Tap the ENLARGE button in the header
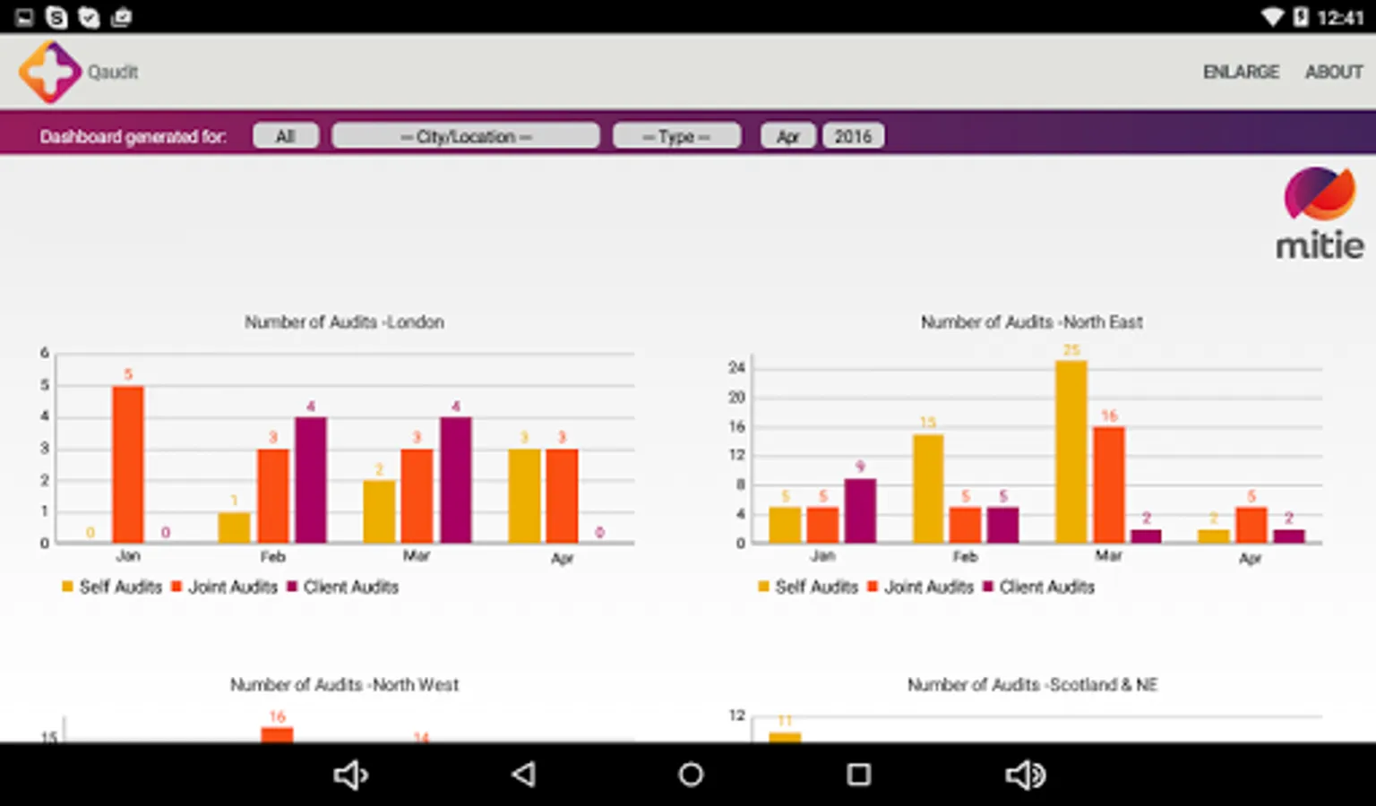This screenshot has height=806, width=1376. [1241, 72]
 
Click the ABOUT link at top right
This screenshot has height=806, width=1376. [1333, 72]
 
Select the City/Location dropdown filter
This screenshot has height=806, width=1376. [465, 136]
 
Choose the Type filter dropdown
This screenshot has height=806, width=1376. [676, 136]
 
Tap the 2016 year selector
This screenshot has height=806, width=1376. [853, 136]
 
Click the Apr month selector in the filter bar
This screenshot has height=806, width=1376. [787, 136]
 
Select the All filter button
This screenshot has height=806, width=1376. [285, 136]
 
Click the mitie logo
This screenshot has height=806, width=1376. [1320, 214]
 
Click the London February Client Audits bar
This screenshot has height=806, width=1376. [311, 480]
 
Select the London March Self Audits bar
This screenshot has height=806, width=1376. [379, 511]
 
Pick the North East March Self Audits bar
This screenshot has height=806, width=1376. [1071, 451]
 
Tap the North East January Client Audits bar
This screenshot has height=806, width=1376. [860, 510]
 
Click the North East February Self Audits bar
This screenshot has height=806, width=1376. [928, 488]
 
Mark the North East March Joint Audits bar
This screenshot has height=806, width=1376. [1109, 484]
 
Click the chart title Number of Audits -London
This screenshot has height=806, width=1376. [344, 322]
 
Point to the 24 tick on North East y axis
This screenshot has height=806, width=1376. [736, 367]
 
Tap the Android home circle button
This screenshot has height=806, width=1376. [691, 775]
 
